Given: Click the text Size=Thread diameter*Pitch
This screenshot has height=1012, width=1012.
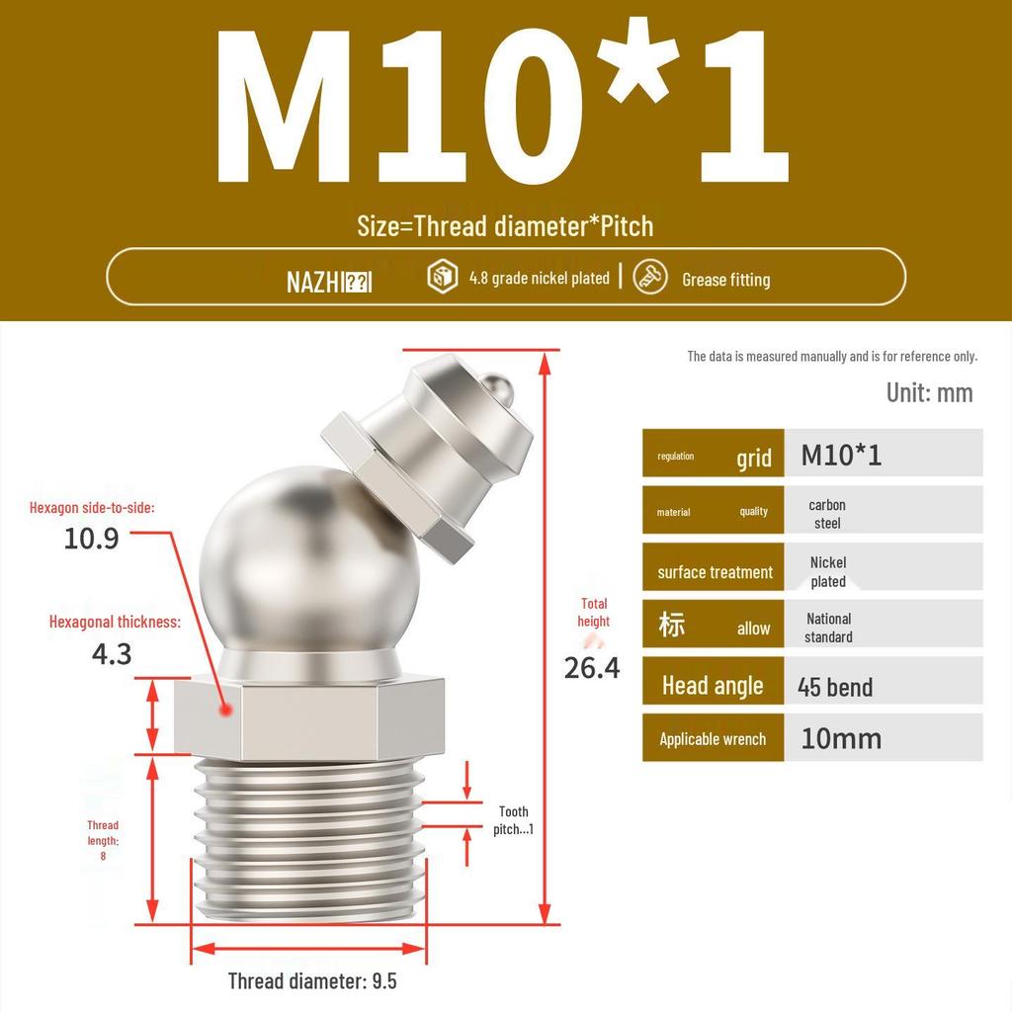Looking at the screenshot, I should point(505,226).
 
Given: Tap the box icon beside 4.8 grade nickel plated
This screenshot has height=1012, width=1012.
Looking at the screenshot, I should point(442,277).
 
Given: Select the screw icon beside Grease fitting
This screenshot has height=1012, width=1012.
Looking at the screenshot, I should point(649,277).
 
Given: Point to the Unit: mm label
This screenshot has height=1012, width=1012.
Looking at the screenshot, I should point(929,392).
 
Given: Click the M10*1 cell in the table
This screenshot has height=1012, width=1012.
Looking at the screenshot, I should point(841,455).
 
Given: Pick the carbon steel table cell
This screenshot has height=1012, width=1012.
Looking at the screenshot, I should point(827,513).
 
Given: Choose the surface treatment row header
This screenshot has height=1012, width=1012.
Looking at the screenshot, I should point(714,571).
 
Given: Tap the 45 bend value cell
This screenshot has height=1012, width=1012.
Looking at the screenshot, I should point(835,687).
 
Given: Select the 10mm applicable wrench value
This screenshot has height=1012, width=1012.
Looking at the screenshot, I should point(841,738).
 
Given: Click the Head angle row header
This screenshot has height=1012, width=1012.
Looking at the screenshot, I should point(713,686).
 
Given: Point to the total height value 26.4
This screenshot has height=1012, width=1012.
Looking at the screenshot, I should point(592,668).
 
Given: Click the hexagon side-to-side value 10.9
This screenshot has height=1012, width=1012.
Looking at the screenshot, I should point(91,539).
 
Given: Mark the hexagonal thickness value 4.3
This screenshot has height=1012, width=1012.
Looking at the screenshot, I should point(111,653).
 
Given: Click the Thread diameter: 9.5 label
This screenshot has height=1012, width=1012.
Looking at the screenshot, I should point(312,980).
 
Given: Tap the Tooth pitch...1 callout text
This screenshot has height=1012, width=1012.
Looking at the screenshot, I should point(513,820).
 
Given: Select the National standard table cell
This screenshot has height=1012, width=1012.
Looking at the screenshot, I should point(828,628).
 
